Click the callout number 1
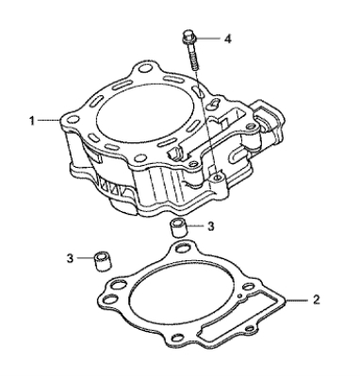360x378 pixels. click(x=32, y=121)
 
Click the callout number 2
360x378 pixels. click(x=317, y=300)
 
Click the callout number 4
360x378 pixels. click(x=228, y=39)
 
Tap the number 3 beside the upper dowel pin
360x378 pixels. click(x=211, y=225)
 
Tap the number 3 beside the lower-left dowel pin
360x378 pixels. click(x=70, y=258)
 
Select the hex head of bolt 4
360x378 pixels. click(x=188, y=36)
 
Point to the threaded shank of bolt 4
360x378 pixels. click(x=193, y=57)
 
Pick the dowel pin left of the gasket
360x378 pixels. click(x=102, y=261)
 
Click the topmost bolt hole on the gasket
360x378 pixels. click(x=182, y=249)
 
